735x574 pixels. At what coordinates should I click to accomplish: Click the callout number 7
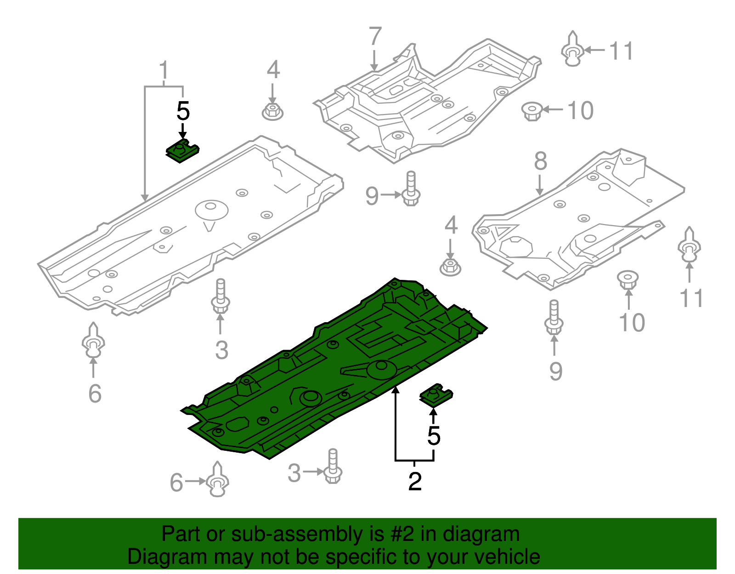pos(375,37)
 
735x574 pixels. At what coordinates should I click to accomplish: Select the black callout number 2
pos(415,481)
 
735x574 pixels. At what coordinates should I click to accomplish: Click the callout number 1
pos(164,71)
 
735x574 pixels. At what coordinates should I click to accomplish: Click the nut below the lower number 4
pos(450,267)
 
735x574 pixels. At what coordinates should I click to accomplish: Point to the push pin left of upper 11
pos(572,50)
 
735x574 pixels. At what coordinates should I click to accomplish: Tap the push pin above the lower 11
pos(689,245)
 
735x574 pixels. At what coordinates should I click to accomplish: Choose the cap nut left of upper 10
pos(532,111)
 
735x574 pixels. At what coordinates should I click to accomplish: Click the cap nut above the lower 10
pos(628,279)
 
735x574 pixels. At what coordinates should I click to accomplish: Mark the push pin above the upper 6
pos(93,341)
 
